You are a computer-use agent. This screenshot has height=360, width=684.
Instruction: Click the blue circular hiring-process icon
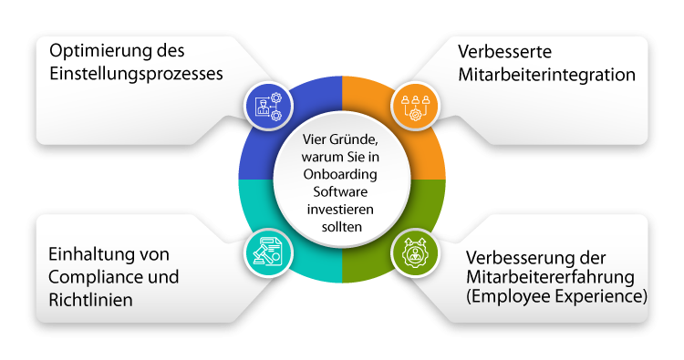click(x=269, y=105)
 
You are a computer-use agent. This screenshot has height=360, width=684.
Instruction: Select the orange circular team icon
click(x=415, y=105)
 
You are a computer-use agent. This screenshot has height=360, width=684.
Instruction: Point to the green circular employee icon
click(x=415, y=252)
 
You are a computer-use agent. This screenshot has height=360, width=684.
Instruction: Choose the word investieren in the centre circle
click(x=342, y=209)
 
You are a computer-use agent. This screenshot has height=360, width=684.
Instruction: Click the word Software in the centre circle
click(x=342, y=192)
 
